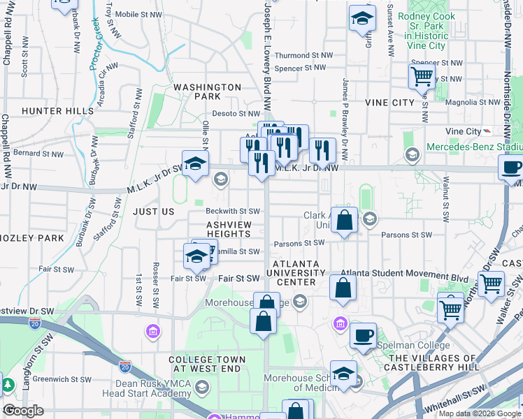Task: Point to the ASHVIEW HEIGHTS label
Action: click(234, 230)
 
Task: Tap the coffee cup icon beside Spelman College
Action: click(363, 335)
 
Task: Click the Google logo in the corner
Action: click(23, 411)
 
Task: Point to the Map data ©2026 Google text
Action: click(480, 413)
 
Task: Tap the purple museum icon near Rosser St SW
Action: click(152, 330)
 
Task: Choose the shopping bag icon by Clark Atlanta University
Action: click(344, 221)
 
